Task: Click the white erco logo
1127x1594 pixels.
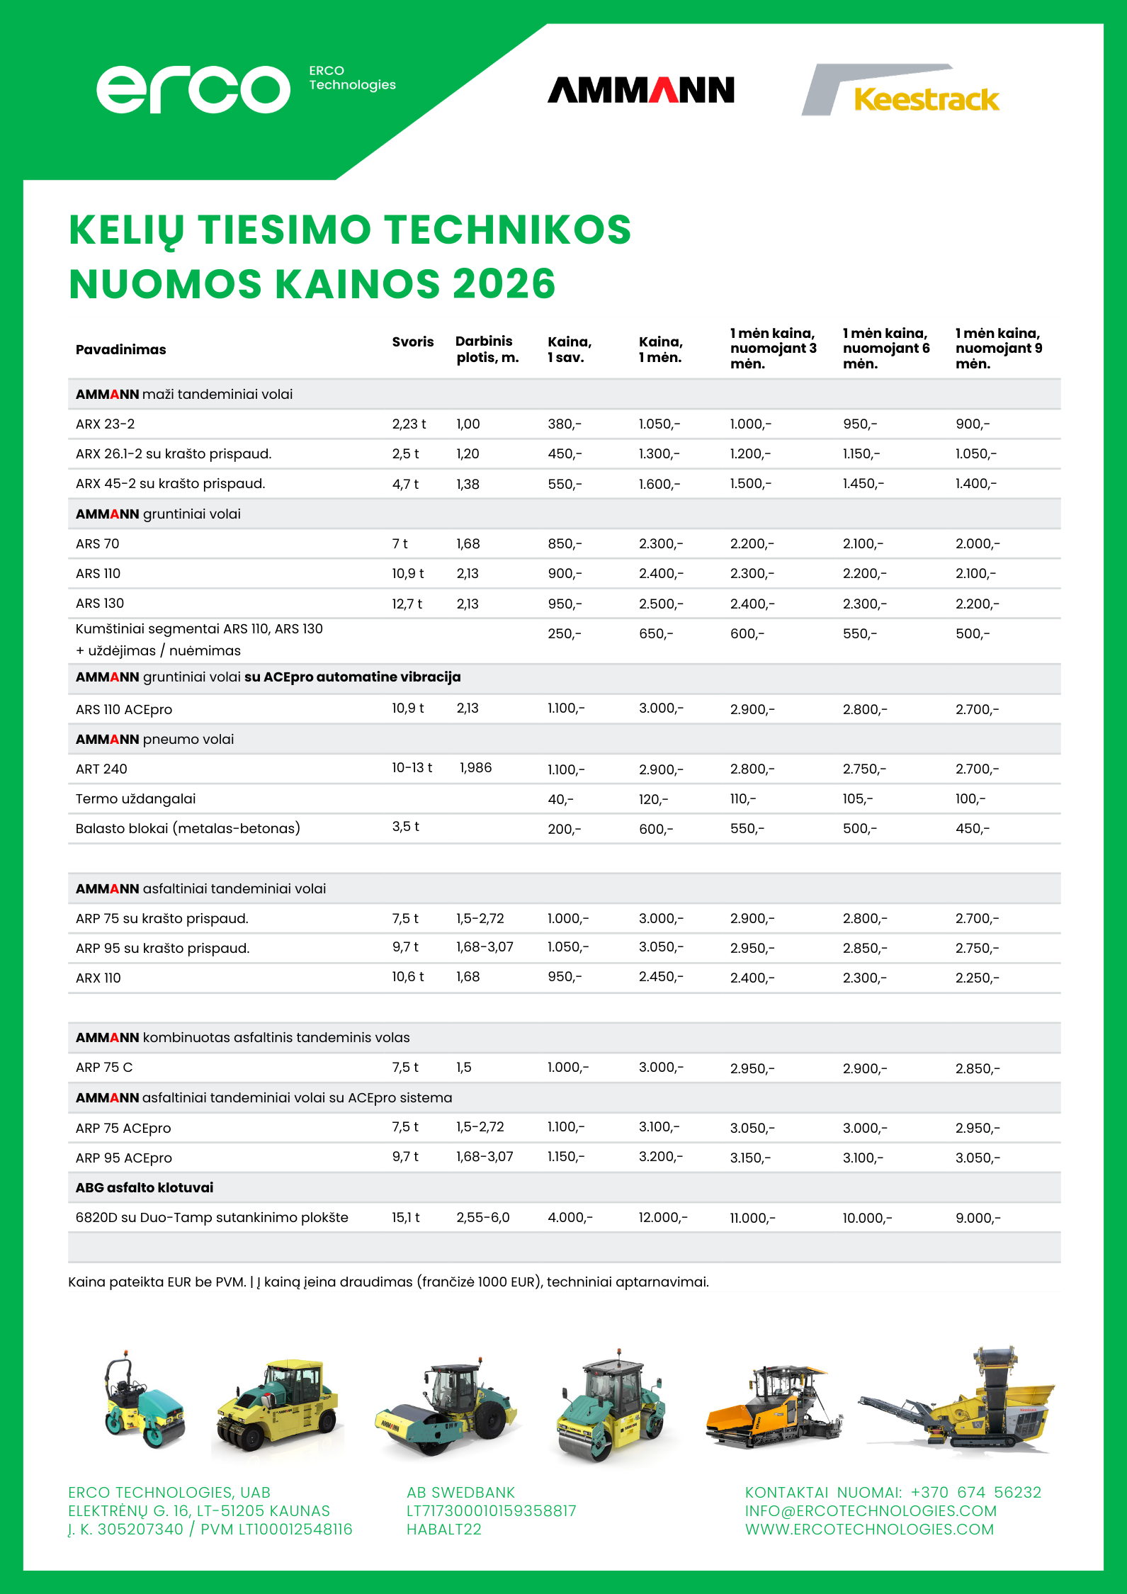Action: tap(193, 89)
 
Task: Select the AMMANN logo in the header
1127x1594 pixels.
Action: tap(640, 91)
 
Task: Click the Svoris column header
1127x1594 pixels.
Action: tap(412, 342)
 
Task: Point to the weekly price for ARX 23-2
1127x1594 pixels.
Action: tap(564, 424)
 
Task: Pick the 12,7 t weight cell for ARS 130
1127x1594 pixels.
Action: tap(407, 604)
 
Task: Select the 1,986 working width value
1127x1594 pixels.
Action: tap(475, 768)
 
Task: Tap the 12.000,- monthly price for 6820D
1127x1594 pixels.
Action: tap(662, 1218)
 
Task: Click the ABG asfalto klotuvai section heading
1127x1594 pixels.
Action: tap(145, 1188)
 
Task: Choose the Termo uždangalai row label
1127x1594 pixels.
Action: tap(135, 799)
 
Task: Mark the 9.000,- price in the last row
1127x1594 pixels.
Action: tap(978, 1219)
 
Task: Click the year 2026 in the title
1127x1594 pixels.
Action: tap(504, 284)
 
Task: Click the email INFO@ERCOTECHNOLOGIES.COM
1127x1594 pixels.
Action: tap(871, 1511)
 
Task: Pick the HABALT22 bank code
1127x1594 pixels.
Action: tap(443, 1530)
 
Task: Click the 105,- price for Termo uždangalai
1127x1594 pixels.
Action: tap(857, 799)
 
